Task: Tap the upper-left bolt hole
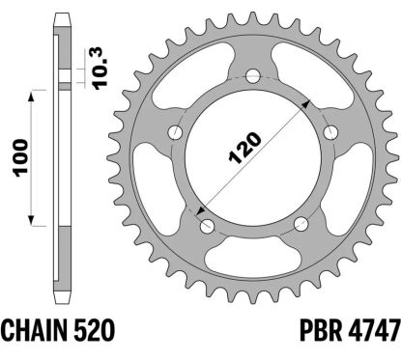pos(176,133)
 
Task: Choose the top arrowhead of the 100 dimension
pos(35,95)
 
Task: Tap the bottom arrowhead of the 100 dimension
pos(35,220)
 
